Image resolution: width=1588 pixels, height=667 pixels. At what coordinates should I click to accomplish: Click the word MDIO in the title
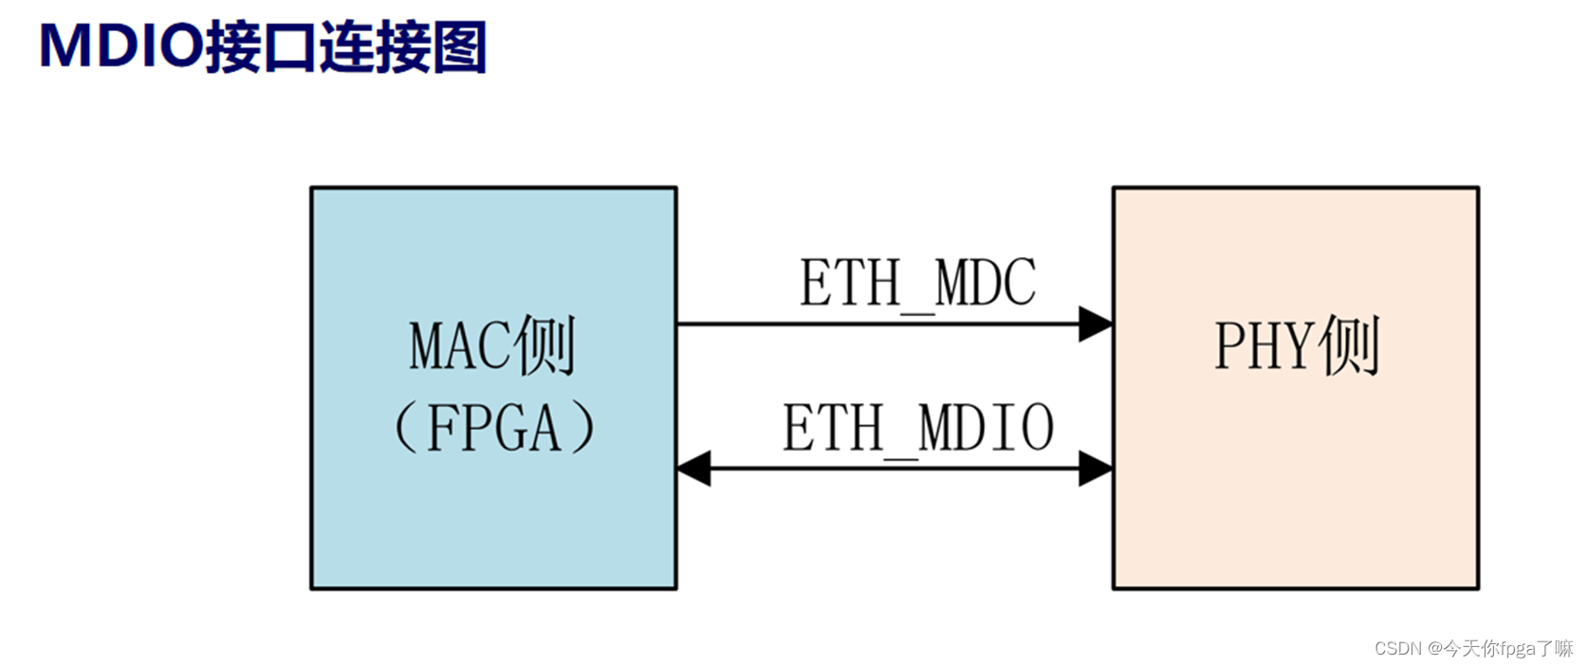click(x=120, y=46)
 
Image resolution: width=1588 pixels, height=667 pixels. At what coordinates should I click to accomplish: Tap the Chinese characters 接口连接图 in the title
click(x=345, y=46)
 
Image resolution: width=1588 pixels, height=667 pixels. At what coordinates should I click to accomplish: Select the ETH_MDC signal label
click(x=917, y=283)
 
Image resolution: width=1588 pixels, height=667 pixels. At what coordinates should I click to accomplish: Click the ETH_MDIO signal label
click(x=917, y=428)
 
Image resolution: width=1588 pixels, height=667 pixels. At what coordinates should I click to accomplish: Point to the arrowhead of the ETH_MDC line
click(x=1096, y=324)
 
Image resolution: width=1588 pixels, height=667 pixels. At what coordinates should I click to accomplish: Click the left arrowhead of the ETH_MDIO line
click(x=694, y=469)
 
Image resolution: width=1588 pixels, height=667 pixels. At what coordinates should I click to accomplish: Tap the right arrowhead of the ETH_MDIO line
click(x=1096, y=469)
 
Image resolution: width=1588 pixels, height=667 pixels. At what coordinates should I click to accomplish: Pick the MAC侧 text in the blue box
click(x=492, y=346)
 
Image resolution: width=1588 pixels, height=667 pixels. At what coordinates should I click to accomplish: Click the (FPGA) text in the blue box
click(x=492, y=428)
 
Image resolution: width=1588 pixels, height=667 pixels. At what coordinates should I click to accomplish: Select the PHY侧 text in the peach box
click(x=1296, y=346)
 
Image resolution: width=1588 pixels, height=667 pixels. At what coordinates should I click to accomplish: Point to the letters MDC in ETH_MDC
click(x=986, y=283)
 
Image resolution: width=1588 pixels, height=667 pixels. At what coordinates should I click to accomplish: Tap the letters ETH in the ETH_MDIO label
click(x=832, y=428)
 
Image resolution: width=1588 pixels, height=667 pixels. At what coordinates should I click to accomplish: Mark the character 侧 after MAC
click(x=546, y=346)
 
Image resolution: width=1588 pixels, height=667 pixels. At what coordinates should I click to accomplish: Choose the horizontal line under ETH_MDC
click(x=877, y=324)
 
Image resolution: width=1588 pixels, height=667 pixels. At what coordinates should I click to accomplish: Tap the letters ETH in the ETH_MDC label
click(x=849, y=283)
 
